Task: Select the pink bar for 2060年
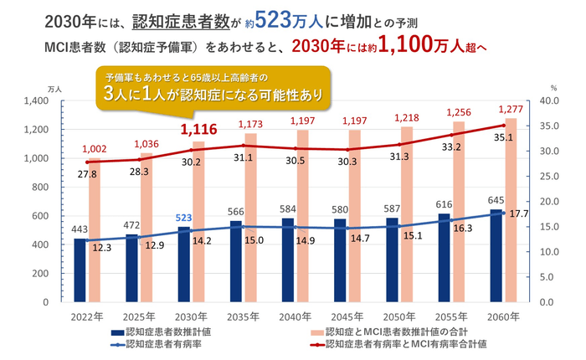point(510,209)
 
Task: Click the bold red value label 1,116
point(201,129)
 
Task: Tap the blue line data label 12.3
point(101,248)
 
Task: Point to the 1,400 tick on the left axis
point(35,100)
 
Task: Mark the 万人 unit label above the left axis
point(54,88)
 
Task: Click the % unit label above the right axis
point(553,88)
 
